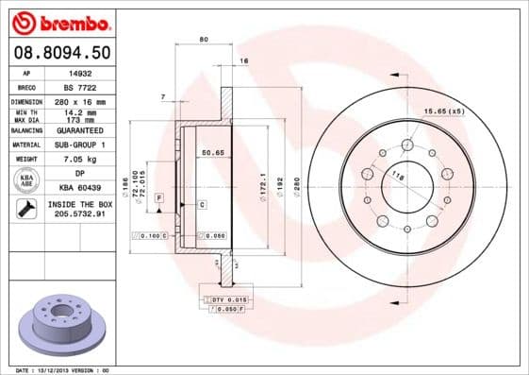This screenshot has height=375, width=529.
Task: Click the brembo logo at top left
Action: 59,21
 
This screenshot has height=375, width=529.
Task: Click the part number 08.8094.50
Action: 59,53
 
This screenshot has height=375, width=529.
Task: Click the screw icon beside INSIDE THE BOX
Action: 25,209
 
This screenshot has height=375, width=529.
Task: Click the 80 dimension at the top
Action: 203,39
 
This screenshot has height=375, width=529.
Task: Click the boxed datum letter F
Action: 160,196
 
